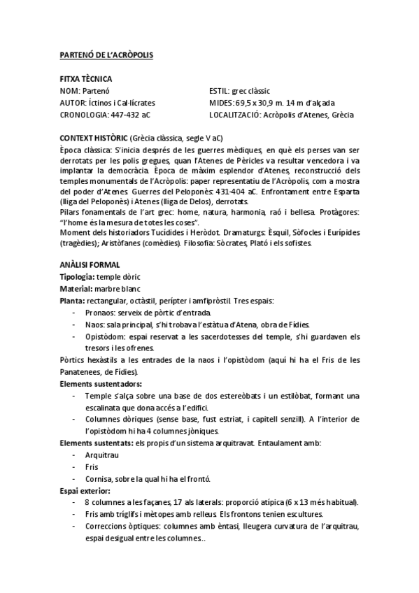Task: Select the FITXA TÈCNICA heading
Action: (x=82, y=79)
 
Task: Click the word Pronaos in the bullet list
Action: (x=99, y=313)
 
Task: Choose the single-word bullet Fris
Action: (x=91, y=466)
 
